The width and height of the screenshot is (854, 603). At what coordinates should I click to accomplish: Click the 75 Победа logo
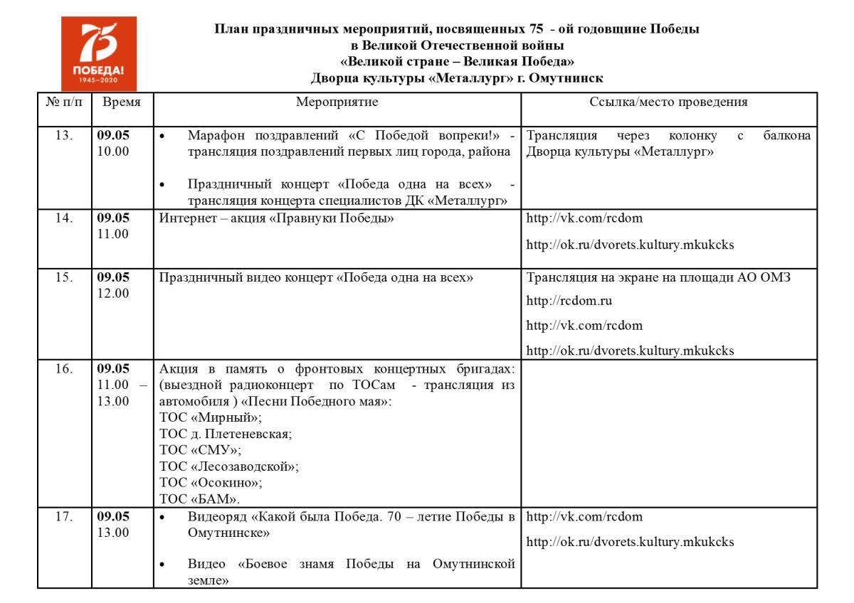(98, 53)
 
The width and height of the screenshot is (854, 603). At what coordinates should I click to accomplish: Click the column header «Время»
(122, 102)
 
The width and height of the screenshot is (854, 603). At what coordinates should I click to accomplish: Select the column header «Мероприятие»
(337, 102)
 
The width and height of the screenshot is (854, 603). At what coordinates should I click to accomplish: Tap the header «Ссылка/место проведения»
(668, 102)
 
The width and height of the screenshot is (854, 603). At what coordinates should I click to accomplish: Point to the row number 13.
(64, 136)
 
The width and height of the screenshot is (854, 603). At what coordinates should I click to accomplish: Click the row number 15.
(64, 277)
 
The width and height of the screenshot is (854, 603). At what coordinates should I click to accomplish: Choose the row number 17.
(64, 517)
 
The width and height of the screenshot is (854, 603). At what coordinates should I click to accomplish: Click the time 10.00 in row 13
(113, 151)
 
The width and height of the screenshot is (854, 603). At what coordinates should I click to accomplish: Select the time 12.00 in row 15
(113, 293)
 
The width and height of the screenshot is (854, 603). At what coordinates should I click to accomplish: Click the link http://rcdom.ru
(569, 301)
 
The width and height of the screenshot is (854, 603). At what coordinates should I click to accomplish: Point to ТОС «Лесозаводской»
(229, 466)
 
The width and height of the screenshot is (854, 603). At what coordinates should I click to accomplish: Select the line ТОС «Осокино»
(211, 483)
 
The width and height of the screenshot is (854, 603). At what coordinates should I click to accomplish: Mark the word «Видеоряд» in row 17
(213, 517)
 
